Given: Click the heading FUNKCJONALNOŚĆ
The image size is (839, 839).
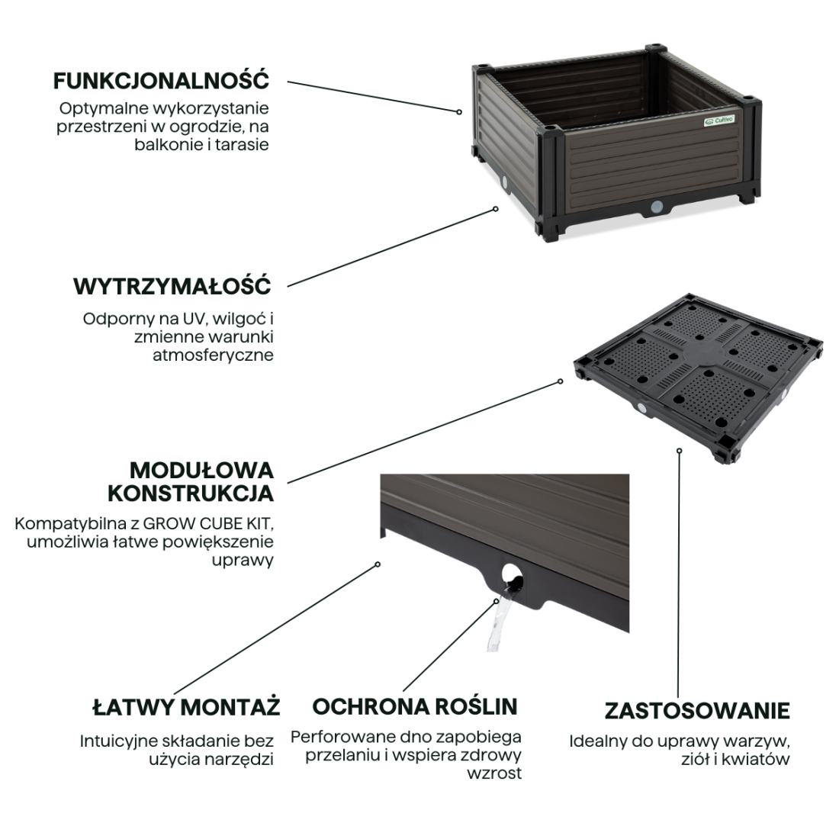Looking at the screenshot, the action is tap(161, 81).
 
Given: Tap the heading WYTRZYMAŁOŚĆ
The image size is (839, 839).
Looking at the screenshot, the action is tap(172, 286).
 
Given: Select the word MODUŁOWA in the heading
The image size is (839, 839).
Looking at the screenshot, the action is tap(201, 471).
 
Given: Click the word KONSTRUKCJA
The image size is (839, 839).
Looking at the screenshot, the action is tap(191, 493).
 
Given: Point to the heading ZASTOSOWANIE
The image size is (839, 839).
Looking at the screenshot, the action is tap(697, 711).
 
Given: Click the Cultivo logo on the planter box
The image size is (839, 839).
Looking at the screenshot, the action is tap(719, 121).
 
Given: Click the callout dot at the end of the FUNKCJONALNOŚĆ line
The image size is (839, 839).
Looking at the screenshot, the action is tap(459, 112).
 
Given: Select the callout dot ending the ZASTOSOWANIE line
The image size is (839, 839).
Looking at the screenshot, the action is tap(679, 451).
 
